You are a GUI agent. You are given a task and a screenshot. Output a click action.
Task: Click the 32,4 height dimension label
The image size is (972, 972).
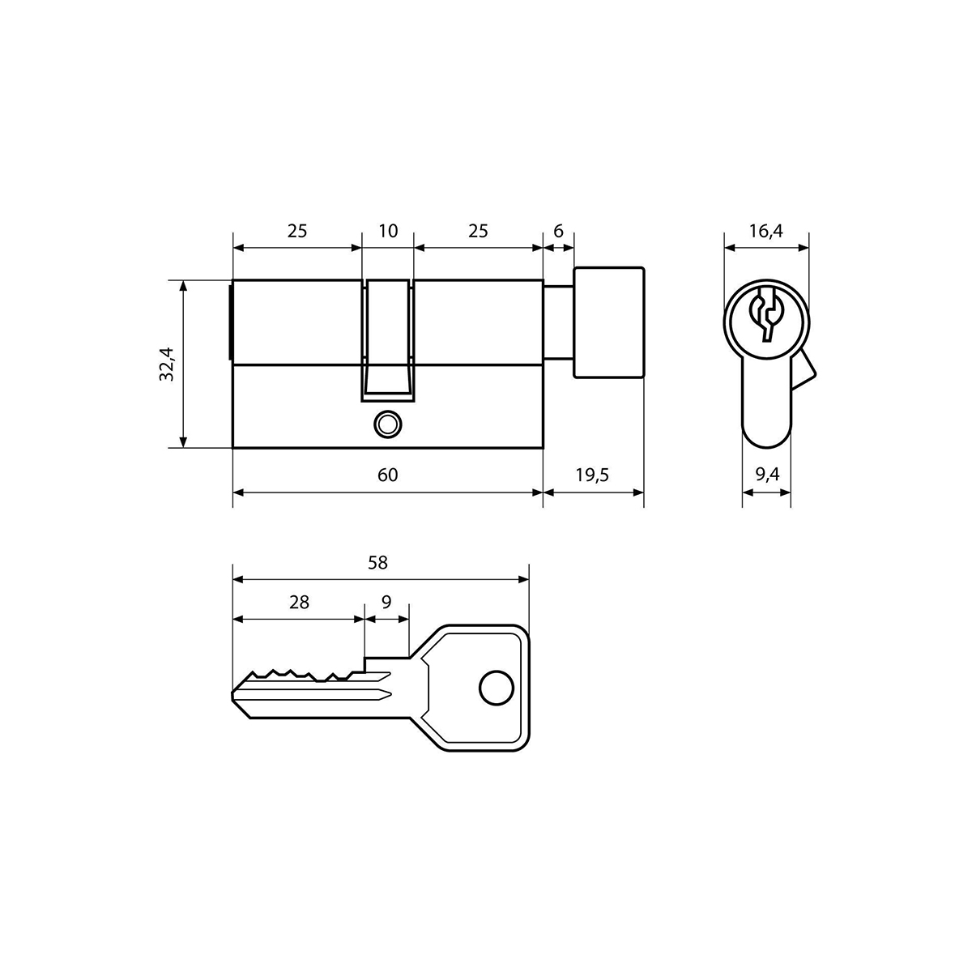coord(167,364)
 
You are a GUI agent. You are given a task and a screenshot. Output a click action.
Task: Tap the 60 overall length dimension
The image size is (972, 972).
coord(387,475)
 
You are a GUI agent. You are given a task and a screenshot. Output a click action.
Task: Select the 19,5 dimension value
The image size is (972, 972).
coord(593,475)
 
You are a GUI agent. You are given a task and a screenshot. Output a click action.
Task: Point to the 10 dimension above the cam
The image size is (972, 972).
coord(388,231)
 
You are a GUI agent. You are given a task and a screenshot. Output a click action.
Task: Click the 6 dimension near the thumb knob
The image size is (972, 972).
coord(558,231)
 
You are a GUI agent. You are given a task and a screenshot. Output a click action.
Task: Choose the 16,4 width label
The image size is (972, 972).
coord(765,232)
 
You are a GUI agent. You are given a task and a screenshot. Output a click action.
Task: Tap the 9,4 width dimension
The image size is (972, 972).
coord(767,474)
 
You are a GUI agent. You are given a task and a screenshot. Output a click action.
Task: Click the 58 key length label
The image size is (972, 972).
coord(377,562)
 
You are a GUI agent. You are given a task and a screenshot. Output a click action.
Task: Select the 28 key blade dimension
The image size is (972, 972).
coord(299,603)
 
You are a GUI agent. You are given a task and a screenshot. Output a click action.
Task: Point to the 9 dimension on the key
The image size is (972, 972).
coord(386,603)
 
